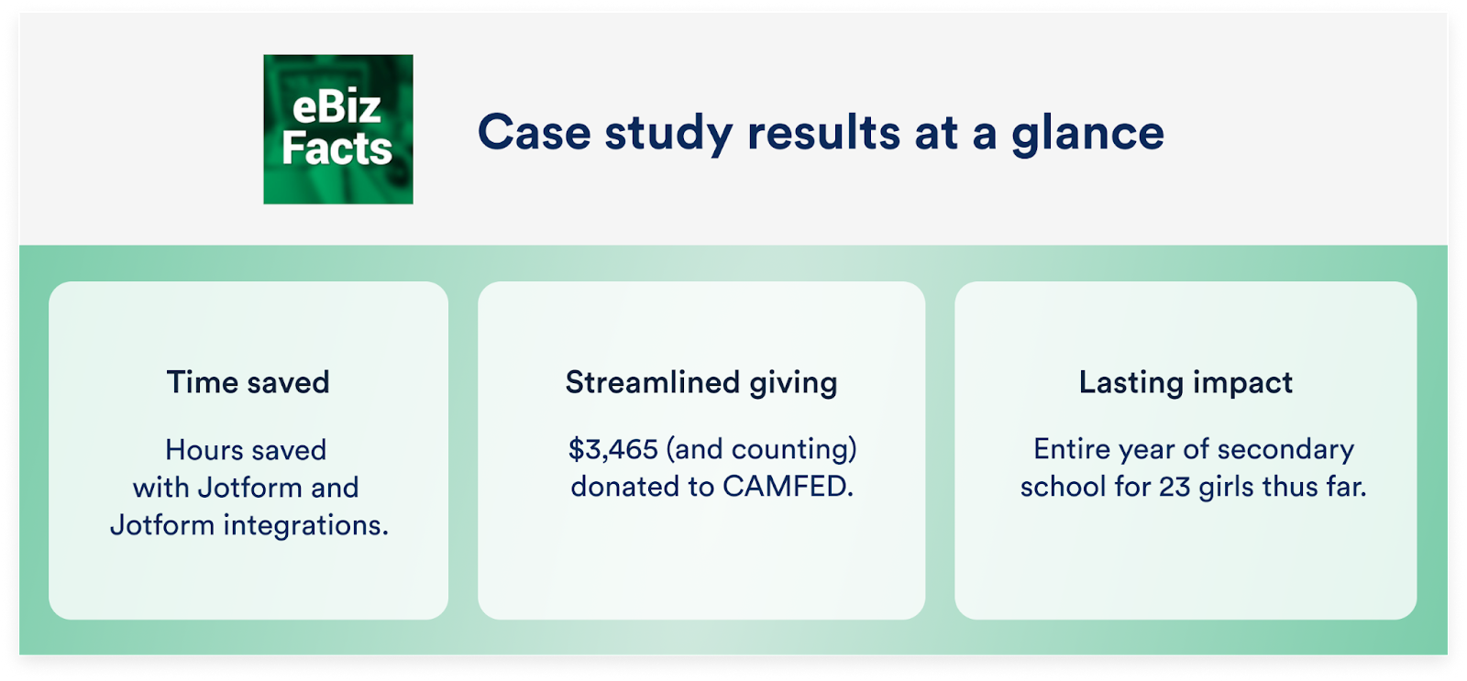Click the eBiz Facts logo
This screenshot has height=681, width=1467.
(x=338, y=129)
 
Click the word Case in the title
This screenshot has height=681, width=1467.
(x=535, y=132)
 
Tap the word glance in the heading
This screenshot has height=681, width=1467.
(x=1087, y=135)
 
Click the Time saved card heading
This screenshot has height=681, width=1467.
(x=248, y=382)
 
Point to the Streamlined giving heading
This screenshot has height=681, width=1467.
(x=701, y=383)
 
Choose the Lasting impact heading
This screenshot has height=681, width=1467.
(x=1186, y=383)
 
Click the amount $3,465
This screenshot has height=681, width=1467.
(x=613, y=449)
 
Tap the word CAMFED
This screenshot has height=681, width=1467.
(x=788, y=487)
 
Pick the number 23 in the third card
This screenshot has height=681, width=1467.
(x=1175, y=488)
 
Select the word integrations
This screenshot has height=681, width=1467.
(x=306, y=526)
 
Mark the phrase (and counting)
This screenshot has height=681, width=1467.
(x=762, y=450)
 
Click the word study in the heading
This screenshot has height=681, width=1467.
(x=668, y=134)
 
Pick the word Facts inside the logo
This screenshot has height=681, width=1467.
(x=337, y=148)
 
